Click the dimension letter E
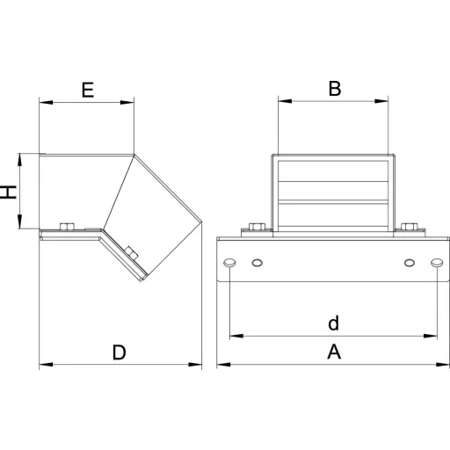(x=88, y=90)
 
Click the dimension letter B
(x=335, y=89)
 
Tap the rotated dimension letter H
(x=8, y=192)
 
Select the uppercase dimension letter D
(x=120, y=352)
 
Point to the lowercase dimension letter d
(x=333, y=323)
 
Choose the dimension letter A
(x=334, y=352)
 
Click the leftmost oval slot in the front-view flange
(x=229, y=263)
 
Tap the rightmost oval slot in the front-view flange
(x=437, y=263)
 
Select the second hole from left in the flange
(x=258, y=263)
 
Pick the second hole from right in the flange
(x=410, y=263)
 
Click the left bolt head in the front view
(x=257, y=227)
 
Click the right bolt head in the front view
(x=410, y=227)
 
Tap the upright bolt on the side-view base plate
(x=67, y=227)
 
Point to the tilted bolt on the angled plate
(x=131, y=253)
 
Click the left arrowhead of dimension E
(x=46, y=102)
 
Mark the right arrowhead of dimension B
(x=381, y=101)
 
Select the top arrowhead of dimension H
(x=19, y=160)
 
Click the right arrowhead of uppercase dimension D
(x=195, y=365)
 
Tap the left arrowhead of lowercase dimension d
(x=236, y=336)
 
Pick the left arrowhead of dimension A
(x=223, y=365)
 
